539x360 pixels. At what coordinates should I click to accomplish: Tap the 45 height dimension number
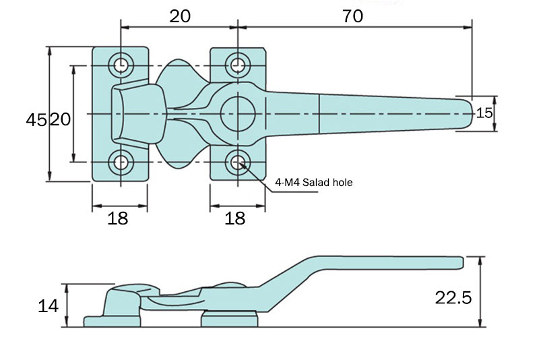click(36, 120)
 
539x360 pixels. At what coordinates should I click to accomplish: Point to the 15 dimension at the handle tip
click(484, 113)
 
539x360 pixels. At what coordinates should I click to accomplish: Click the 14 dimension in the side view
click(48, 306)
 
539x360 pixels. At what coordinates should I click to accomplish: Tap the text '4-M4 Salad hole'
click(313, 182)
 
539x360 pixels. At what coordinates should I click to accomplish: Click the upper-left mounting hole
click(122, 65)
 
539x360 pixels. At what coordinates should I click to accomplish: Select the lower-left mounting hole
click(122, 162)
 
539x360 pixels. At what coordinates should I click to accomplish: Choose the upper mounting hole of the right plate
click(237, 65)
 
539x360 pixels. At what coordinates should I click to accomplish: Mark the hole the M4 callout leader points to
click(237, 162)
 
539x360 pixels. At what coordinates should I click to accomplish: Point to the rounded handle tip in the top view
click(468, 113)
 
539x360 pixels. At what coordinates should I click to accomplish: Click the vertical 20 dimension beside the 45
click(60, 120)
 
